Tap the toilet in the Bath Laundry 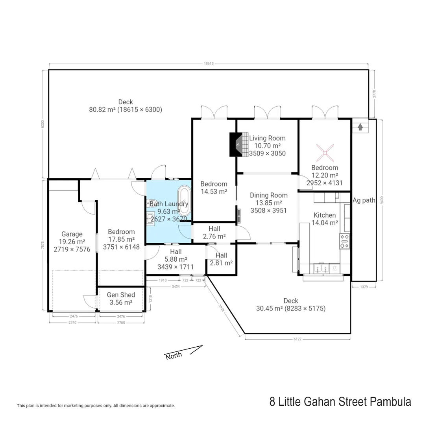point(151,203)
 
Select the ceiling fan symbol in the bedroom point(325,153)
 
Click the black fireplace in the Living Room point(236,144)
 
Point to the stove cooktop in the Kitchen point(344,241)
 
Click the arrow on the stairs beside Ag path point(360,127)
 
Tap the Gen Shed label point(121,295)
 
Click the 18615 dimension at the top point(209,63)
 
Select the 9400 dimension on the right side point(382,200)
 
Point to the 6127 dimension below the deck point(297,339)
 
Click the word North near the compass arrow point(174,356)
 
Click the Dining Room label point(269,195)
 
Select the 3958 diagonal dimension point(222,308)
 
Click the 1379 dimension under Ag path point(364,287)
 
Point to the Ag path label point(364,200)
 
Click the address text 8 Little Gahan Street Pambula point(340,402)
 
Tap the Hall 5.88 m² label point(176,259)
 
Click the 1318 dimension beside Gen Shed point(150,299)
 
